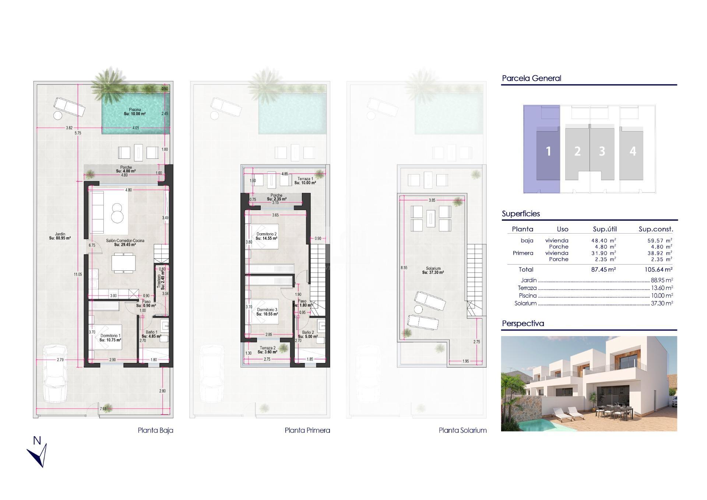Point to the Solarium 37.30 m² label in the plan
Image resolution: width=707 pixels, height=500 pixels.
click(x=433, y=270)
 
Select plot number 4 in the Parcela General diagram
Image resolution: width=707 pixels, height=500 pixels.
click(x=632, y=151)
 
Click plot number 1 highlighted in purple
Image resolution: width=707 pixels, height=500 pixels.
click(x=548, y=151)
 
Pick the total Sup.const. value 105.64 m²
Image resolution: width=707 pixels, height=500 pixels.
click(x=658, y=270)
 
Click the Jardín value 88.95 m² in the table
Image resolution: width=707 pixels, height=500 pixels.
click(x=662, y=280)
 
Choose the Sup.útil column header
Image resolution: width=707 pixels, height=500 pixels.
click(x=604, y=229)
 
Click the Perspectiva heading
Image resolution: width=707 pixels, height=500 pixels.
click(x=523, y=324)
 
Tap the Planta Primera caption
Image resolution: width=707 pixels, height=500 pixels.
click(x=307, y=430)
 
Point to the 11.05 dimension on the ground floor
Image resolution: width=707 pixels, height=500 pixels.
click(x=77, y=274)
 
